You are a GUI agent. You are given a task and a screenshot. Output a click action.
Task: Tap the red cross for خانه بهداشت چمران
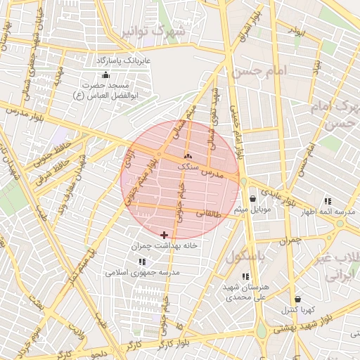(x=165, y=235)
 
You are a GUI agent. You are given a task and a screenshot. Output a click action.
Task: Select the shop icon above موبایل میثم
(x=252, y=198)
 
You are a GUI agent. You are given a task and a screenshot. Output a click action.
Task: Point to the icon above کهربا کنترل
(x=297, y=299)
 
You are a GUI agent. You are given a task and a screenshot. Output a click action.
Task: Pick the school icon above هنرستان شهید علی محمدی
(x=245, y=276)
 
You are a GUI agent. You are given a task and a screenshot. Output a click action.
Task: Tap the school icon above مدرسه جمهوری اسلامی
(x=142, y=261)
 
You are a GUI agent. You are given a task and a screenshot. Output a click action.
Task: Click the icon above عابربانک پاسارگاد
(x=105, y=75)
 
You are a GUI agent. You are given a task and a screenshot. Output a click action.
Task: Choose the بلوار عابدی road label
(x=281, y=195)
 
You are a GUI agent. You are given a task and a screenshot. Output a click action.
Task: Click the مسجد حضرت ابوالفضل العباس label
(x=106, y=89)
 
